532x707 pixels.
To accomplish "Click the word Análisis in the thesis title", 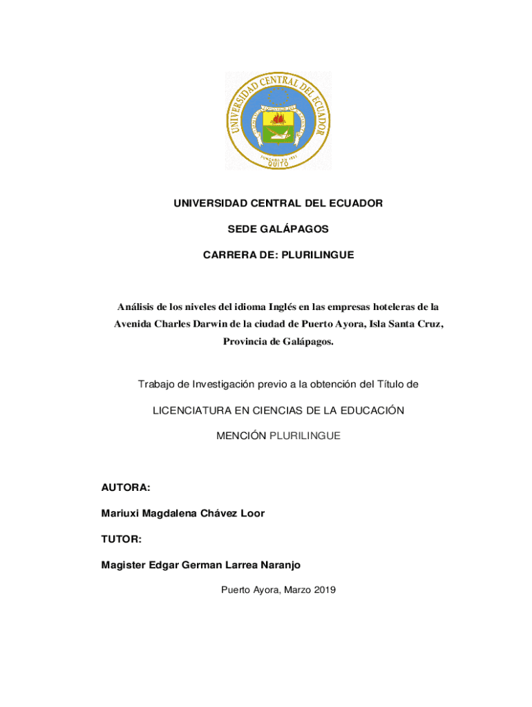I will pyautogui.click(x=135, y=307).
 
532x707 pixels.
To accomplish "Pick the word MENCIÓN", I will pyautogui.click(x=241, y=436).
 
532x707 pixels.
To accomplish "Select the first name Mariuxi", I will pyautogui.click(x=122, y=514).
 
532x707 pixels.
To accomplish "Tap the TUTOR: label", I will pyautogui.click(x=122, y=539).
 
